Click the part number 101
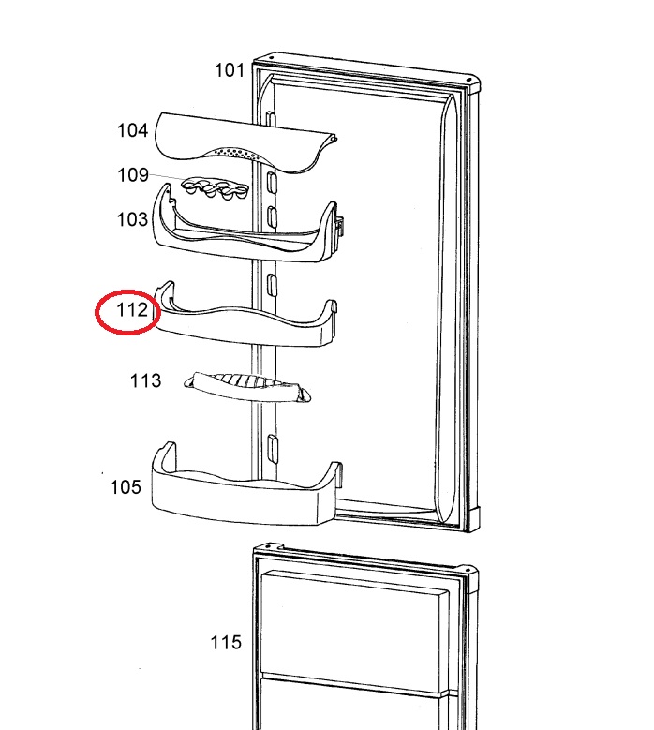pos(229,70)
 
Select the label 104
pos(133,130)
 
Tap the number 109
pos(133,175)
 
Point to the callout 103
pos(132,219)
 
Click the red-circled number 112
pos(131,309)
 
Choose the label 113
pos(145,380)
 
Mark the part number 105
pos(126,487)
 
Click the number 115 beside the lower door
pos(226,643)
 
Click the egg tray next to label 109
pos(216,188)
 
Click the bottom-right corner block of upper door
pos(472,519)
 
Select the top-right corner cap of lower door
pos(469,579)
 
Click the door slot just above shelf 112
pos(272,284)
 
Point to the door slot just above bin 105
pos(273,447)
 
